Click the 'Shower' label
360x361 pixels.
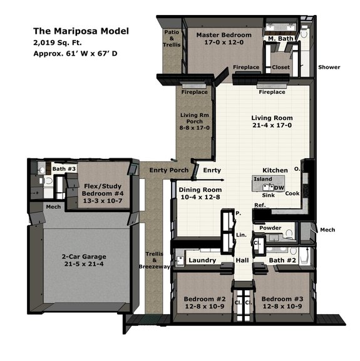tap(329, 67)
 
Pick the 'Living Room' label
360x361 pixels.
tap(272, 118)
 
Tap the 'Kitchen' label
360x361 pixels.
tap(275, 170)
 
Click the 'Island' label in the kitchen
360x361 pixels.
tap(262, 179)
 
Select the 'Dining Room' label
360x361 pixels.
tap(200, 190)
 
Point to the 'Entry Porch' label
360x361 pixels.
tap(168, 170)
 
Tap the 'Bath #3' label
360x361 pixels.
tap(63, 169)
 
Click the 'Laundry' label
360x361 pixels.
tap(202, 260)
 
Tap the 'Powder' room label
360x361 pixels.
tap(271, 228)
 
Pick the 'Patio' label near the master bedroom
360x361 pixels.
tap(171, 32)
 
